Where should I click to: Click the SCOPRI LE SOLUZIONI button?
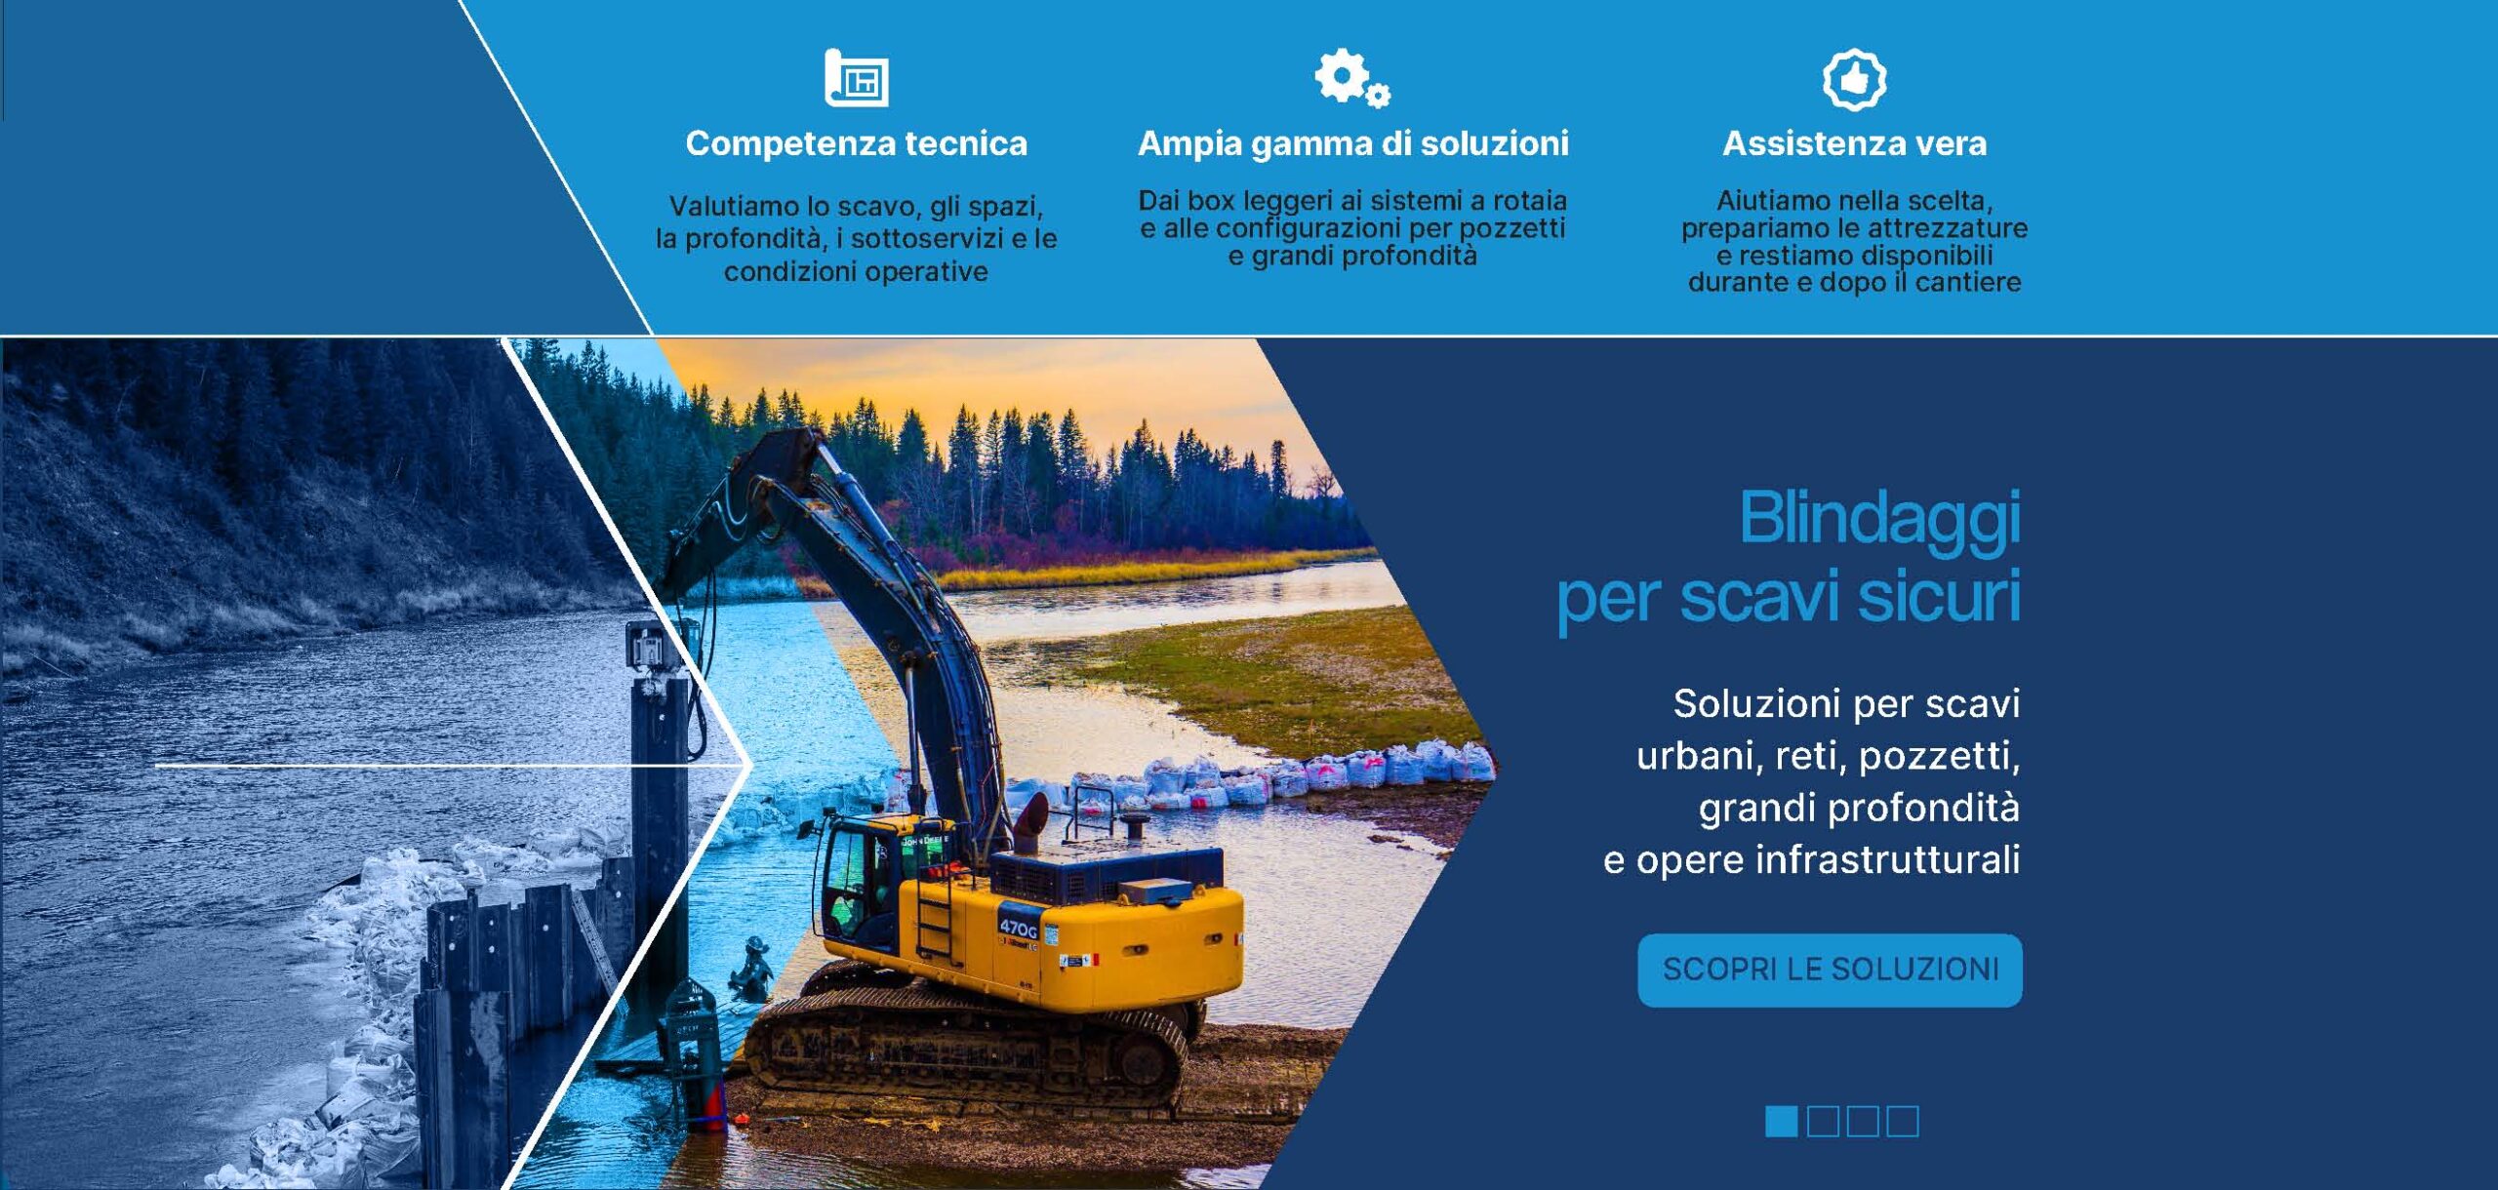(x=1830, y=970)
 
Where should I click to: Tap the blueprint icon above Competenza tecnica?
(x=856, y=77)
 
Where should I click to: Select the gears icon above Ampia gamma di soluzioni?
(x=1351, y=77)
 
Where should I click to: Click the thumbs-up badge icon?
(x=1854, y=79)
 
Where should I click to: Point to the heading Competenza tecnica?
(x=856, y=143)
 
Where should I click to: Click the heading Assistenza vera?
(x=1854, y=143)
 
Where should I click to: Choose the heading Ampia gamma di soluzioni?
(x=1352, y=144)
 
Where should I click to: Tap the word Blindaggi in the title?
(x=1879, y=520)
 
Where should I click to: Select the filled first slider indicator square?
(x=1781, y=1121)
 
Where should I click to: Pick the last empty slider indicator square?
(x=1902, y=1121)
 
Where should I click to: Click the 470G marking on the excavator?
(x=1018, y=927)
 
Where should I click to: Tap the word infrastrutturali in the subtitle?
(x=1888, y=859)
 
